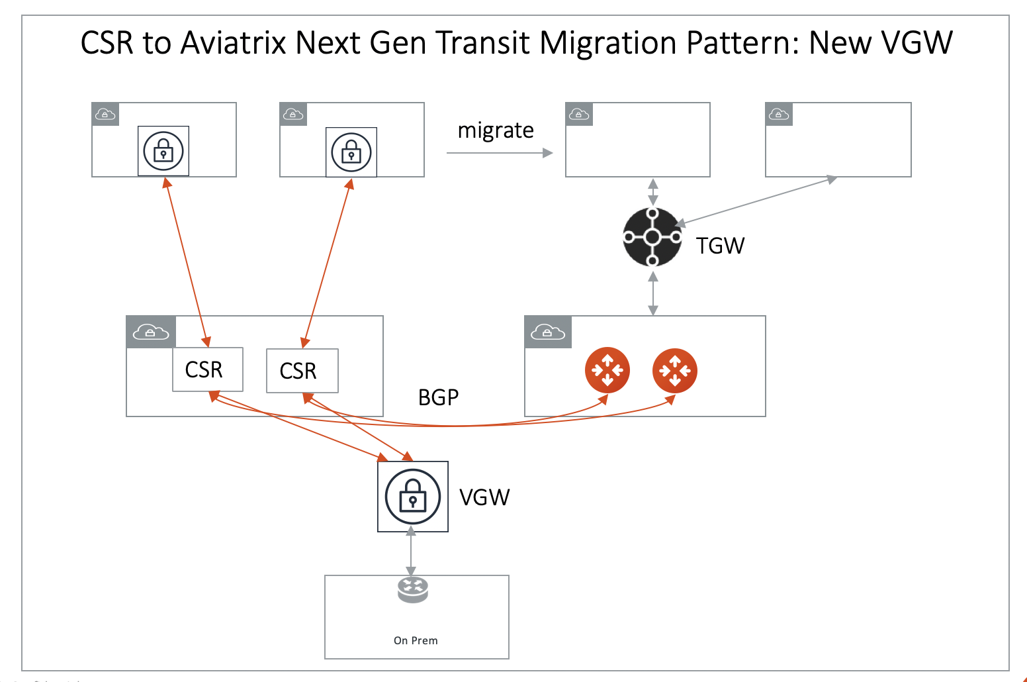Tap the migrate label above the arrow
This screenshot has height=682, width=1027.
click(496, 130)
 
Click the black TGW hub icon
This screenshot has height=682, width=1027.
click(652, 237)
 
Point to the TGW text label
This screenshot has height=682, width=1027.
click(720, 246)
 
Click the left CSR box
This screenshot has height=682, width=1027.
click(207, 369)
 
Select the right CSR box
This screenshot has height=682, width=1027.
click(302, 371)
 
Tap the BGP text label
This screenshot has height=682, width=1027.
click(438, 397)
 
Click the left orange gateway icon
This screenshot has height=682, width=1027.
click(607, 370)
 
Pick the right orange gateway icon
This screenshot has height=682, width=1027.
click(674, 370)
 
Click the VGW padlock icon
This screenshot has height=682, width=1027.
click(412, 497)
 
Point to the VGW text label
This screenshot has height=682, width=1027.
click(484, 497)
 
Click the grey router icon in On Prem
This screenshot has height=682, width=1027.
click(413, 589)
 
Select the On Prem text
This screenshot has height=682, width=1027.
click(416, 640)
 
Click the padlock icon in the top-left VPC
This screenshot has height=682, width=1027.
click(163, 151)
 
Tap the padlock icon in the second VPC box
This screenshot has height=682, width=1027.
click(351, 152)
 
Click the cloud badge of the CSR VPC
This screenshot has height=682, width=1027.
click(151, 332)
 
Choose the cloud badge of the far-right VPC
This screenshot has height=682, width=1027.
click(778, 115)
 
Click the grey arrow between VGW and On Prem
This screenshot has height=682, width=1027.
click(412, 552)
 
